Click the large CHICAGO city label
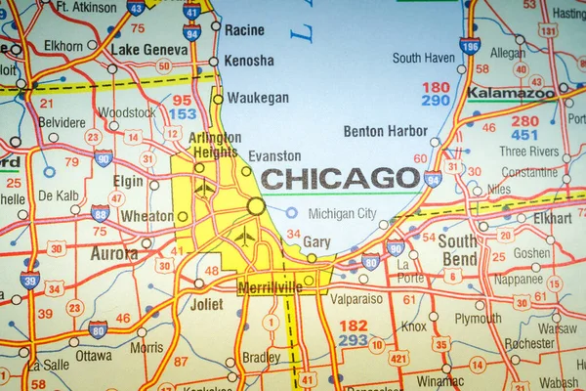[x=341, y=178]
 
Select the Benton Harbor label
[x=385, y=131]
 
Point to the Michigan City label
[x=342, y=213]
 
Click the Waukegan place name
[x=258, y=98]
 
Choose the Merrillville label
[x=269, y=287]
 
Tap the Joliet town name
[x=207, y=304]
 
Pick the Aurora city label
[x=114, y=253]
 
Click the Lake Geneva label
[x=149, y=49]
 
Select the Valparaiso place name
[x=356, y=298]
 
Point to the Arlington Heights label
[x=213, y=145]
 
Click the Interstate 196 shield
[x=471, y=45]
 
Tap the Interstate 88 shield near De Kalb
[x=100, y=213]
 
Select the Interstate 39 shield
[x=29, y=281]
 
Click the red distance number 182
[x=353, y=325]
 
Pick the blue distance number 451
[x=524, y=135]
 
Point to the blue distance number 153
[x=183, y=114]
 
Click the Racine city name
[x=244, y=30]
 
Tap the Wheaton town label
[x=146, y=216]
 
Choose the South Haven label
[x=424, y=58]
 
